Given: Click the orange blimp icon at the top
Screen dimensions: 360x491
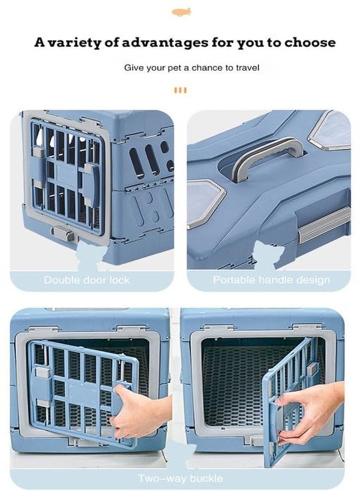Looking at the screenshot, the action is click(181, 12).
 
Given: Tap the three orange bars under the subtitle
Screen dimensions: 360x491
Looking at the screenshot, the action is click(181, 90).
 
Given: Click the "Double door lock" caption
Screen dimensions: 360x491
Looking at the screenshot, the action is click(87, 280).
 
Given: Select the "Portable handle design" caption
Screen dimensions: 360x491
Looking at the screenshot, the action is click(272, 280).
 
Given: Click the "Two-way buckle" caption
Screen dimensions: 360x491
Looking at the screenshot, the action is click(181, 478).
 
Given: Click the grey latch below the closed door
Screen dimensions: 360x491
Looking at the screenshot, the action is click(63, 233).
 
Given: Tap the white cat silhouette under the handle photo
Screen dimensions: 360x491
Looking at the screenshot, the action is click(268, 255).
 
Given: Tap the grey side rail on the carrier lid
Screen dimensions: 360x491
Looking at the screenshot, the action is click(323, 225).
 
